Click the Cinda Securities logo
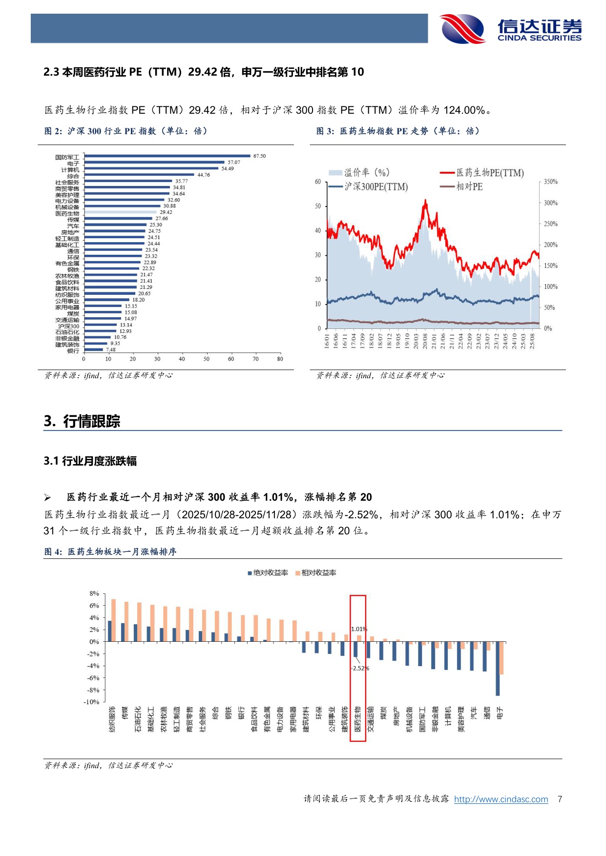coord(510,29)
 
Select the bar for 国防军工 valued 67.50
coord(167,157)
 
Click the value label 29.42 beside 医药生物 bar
coord(166,212)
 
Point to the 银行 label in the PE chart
coord(73,351)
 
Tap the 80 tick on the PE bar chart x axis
coord(280,359)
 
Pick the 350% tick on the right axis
coord(550,182)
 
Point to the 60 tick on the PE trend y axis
coord(318,182)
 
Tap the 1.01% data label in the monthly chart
coord(359,629)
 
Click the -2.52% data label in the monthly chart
coord(360,668)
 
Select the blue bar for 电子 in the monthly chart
coord(498,669)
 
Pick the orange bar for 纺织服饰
coord(114,620)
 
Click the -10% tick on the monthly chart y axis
coord(92,702)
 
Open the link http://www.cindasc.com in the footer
coord(501,799)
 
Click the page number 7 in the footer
coord(560,799)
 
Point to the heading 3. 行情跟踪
coord(82,421)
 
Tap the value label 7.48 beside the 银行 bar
coord(111,349)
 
